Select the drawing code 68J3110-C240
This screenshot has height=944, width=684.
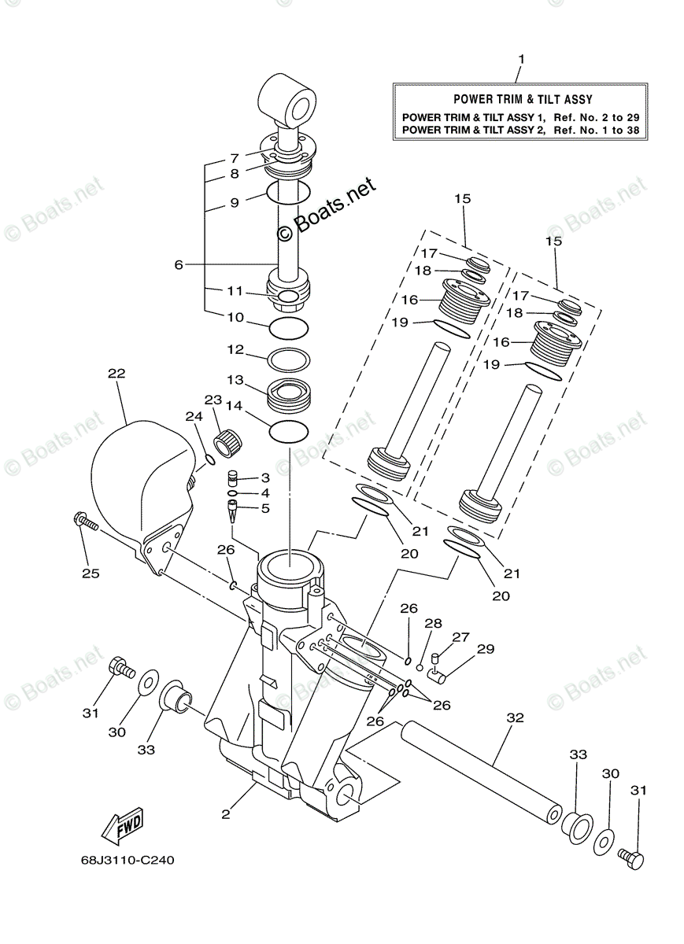[x=127, y=860]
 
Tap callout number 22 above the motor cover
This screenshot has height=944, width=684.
[x=116, y=375]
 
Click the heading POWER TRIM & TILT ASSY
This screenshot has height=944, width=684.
[x=522, y=100]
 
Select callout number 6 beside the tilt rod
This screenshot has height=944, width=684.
[x=179, y=265]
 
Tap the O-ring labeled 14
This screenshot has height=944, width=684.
[x=290, y=430]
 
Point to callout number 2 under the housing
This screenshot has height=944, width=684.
[x=226, y=813]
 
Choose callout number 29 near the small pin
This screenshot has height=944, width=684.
[x=486, y=649]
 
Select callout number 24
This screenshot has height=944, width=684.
[x=193, y=416]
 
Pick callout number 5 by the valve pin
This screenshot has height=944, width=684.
[x=264, y=508]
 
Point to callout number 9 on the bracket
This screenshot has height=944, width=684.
[x=234, y=202]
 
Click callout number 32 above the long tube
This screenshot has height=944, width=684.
[x=515, y=717]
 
